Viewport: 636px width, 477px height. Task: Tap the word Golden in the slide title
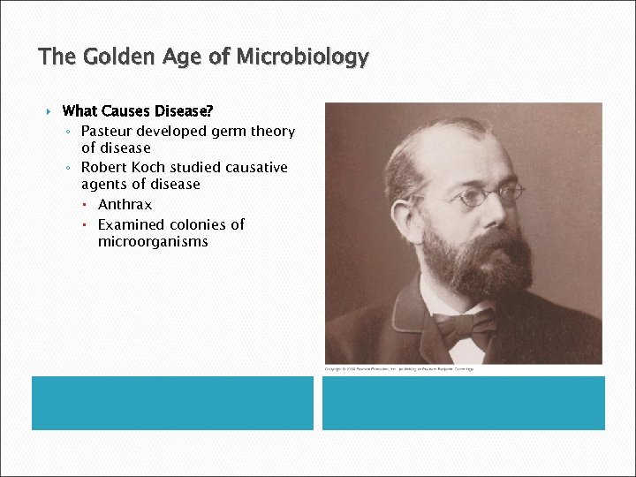point(112,58)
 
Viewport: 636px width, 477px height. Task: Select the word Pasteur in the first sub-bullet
point(110,132)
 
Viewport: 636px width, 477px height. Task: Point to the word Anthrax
point(125,205)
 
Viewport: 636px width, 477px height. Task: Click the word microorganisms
point(153,241)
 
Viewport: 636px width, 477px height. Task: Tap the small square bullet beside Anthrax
point(90,205)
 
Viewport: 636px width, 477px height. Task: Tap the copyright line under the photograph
point(398,368)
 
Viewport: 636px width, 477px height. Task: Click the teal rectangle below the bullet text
point(172,403)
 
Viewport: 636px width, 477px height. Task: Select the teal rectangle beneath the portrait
point(463,403)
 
